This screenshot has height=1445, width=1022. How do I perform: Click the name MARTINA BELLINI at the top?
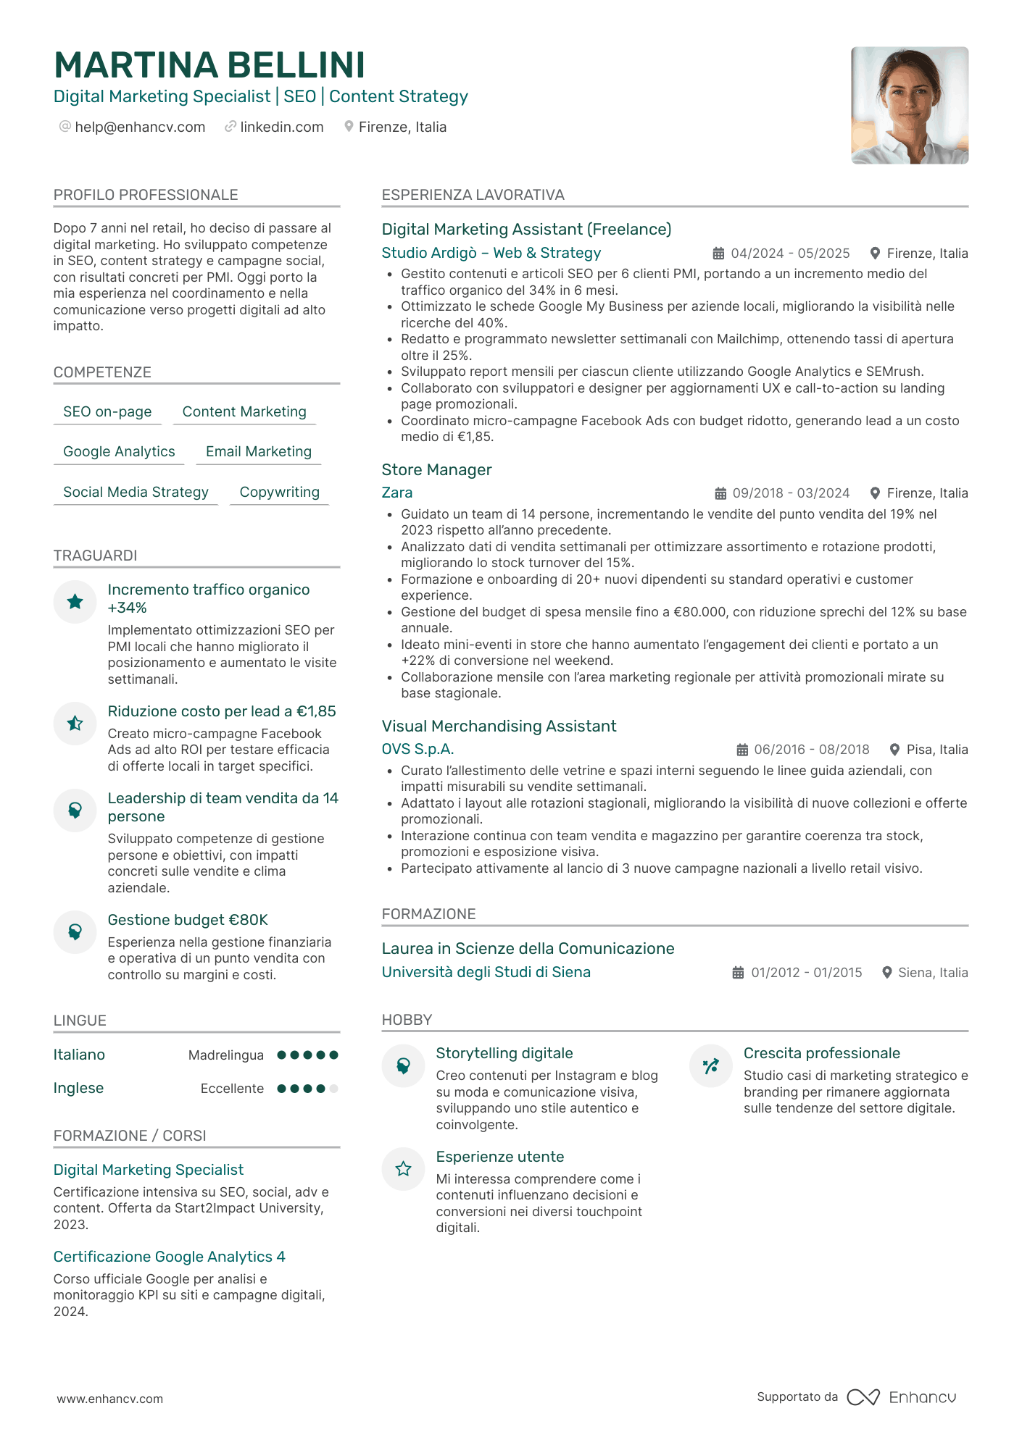pos(209,65)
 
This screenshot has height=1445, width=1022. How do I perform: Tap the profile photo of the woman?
pos(909,106)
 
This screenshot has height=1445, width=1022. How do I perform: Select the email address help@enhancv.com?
pos(140,127)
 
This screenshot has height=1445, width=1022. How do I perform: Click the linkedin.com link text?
pos(281,127)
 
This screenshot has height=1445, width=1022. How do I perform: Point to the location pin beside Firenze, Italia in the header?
pos(349,127)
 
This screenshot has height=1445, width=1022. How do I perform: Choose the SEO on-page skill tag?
pos(107,412)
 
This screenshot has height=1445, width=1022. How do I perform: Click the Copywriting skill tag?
pos(279,493)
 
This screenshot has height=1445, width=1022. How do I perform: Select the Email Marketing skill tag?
pos(258,452)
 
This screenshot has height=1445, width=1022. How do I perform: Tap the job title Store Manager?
pos(436,470)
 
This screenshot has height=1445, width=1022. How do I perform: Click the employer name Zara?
pos(397,493)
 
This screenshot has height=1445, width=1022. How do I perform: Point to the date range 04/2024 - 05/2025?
pos(790,254)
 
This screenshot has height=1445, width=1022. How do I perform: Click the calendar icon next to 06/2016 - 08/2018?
pos(742,750)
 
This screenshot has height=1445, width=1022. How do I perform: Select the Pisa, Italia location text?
pos(936,750)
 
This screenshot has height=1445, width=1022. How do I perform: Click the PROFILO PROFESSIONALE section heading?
pos(146,195)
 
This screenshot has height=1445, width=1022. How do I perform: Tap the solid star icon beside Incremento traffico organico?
pos(75,601)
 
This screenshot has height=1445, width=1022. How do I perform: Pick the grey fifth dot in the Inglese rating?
pos(333,1089)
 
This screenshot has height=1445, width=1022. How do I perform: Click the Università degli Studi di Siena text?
pos(486,973)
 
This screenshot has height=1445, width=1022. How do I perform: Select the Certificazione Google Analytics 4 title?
pos(169,1257)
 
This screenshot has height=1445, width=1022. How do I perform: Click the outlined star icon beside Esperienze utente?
pos(403,1168)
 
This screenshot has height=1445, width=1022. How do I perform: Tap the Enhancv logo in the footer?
pos(902,1397)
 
